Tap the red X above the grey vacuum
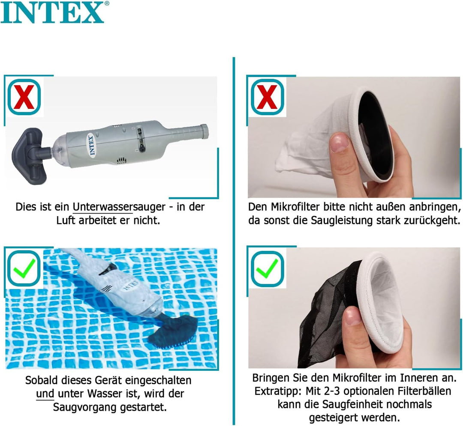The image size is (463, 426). pyautogui.click(x=24, y=98)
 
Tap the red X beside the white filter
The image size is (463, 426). pyautogui.click(x=267, y=98)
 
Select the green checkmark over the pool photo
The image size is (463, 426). pyautogui.click(x=24, y=269)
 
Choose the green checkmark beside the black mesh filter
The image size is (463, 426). pyautogui.click(x=267, y=269)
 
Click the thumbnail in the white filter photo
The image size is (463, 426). pyautogui.click(x=340, y=143)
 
